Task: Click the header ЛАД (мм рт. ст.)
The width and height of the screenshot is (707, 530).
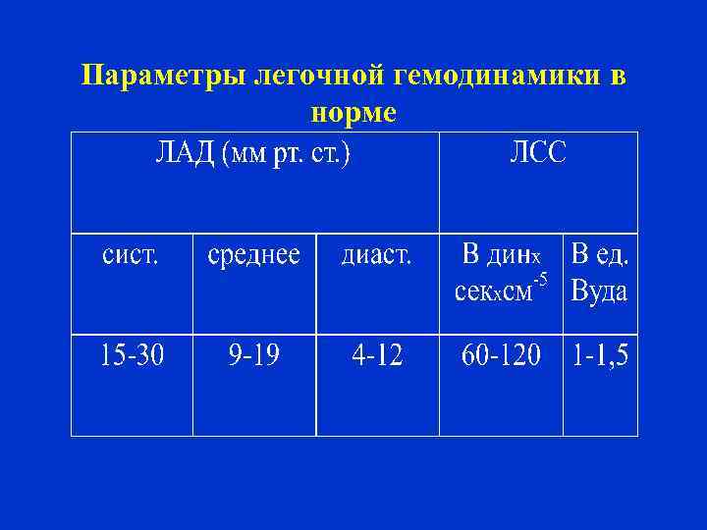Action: coord(254,155)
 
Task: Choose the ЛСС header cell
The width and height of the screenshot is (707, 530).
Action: coord(537,155)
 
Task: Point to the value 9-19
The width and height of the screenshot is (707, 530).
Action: coord(253,355)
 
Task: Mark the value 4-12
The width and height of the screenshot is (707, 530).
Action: coord(377,355)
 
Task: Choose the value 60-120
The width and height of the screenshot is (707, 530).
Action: coord(501,355)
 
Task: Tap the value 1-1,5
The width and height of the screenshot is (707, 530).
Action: coord(600,355)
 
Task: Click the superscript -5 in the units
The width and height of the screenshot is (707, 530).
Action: coord(539,283)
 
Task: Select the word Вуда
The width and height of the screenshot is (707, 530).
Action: coord(599,292)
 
